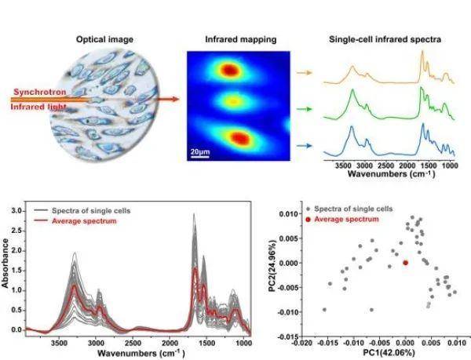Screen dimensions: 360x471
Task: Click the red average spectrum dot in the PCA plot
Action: point(405,263)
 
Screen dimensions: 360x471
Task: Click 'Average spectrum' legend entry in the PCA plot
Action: point(349,222)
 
